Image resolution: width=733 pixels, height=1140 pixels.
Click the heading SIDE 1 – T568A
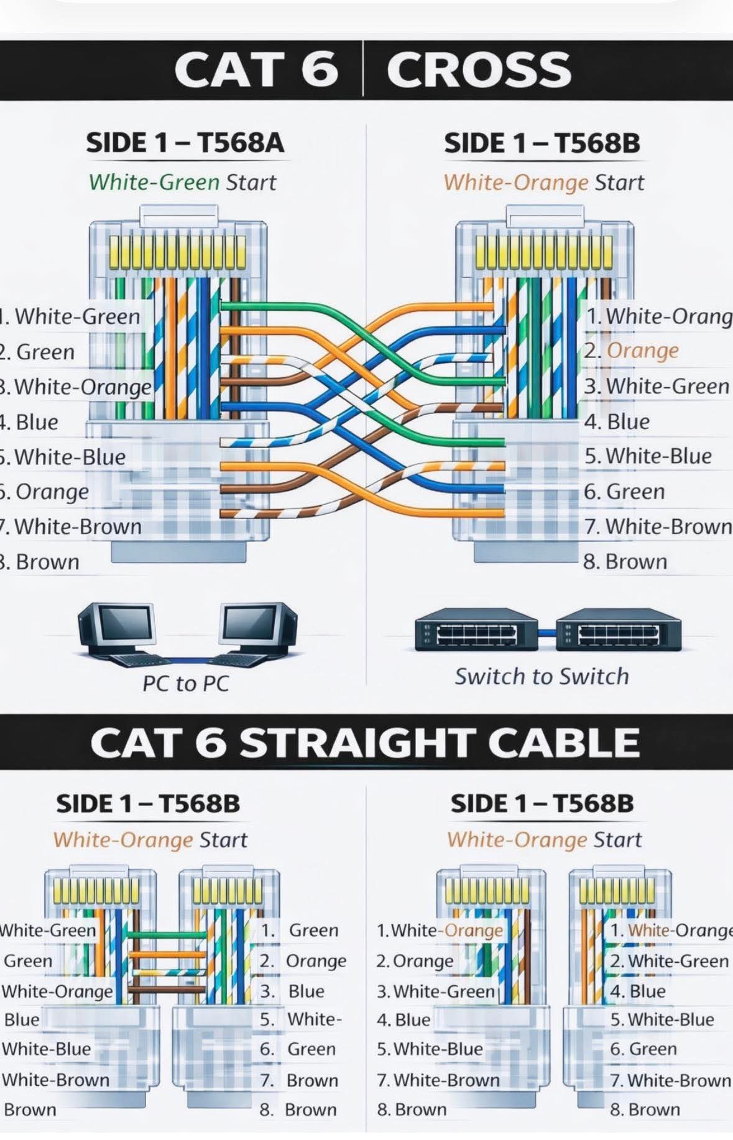click(185, 142)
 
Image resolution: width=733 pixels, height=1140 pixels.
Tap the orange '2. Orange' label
click(640, 351)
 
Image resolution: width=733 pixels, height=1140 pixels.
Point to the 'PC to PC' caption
click(185, 684)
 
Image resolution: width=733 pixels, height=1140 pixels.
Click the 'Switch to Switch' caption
click(542, 676)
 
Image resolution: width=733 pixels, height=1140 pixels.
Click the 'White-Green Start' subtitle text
click(182, 182)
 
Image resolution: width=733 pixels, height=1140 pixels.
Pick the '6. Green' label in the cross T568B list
click(624, 492)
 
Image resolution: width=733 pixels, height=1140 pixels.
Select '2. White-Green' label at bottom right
click(669, 961)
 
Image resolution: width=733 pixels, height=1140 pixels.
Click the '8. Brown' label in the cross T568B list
click(625, 562)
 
